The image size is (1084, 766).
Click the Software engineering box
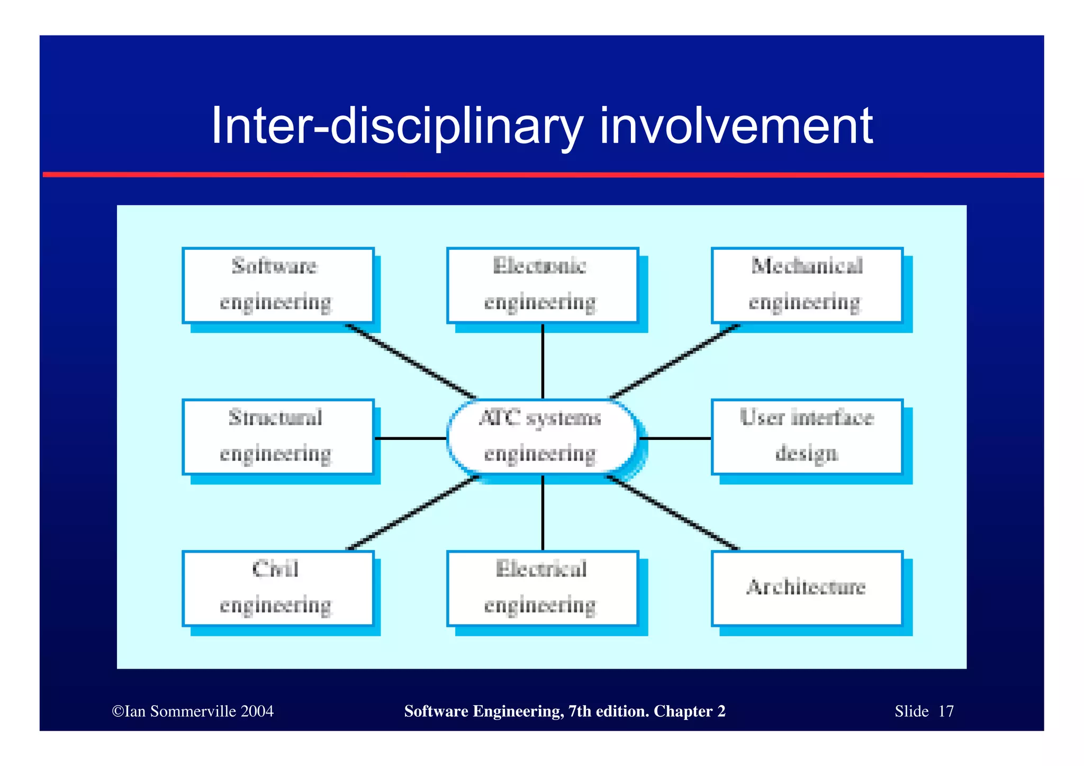coord(278,285)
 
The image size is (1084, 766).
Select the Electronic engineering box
coord(542,285)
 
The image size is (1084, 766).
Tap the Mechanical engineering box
coord(807,285)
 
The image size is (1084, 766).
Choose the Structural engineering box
coord(278,437)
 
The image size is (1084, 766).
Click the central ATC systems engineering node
coord(542,437)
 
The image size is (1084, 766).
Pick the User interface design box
coord(807,437)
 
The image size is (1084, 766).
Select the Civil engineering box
coord(278,588)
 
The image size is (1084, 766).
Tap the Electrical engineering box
coord(542,588)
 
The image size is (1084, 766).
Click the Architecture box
coord(807,588)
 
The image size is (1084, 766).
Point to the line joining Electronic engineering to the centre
coord(543,361)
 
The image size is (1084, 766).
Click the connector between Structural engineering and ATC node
coord(410,438)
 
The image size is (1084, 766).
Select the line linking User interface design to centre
coord(675,438)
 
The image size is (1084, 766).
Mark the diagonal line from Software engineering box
coord(411,361)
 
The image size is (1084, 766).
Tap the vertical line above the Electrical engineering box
coord(543,512)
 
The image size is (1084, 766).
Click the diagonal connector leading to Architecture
coord(673,512)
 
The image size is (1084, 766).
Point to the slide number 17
coord(946,711)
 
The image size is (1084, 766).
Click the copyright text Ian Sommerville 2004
coord(193,711)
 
